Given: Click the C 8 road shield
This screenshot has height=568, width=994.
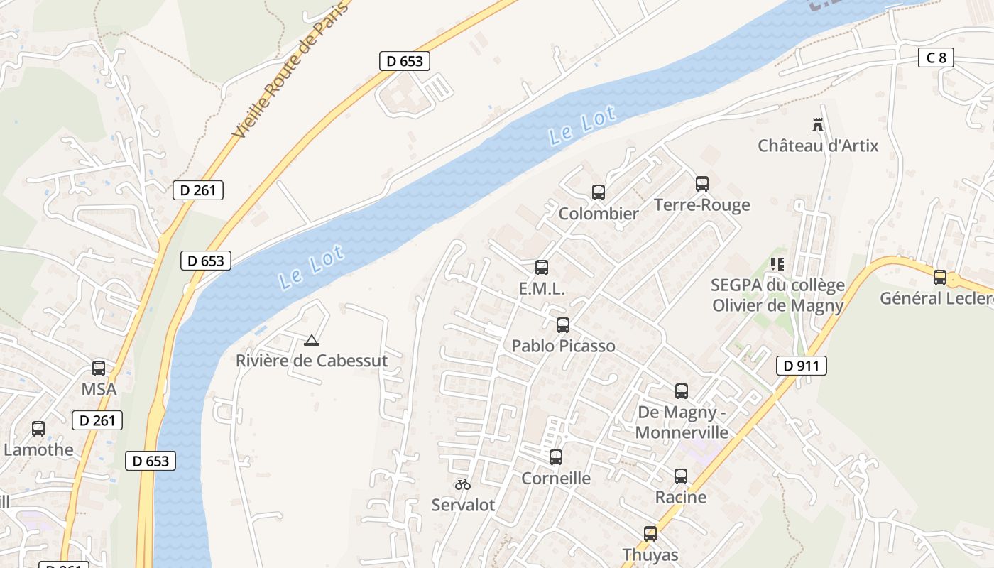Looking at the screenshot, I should point(936,58).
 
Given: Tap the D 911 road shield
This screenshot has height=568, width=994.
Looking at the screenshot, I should point(802,366).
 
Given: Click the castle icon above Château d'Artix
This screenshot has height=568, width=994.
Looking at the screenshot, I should point(818,125).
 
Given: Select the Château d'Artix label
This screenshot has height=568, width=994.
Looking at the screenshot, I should point(818,146).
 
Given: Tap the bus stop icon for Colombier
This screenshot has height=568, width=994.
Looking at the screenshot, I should point(598,192).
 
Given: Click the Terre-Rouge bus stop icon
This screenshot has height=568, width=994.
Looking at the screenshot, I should point(702,183).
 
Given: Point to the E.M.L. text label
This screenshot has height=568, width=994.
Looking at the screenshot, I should point(542,289).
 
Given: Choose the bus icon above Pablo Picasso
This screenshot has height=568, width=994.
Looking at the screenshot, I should point(563,325).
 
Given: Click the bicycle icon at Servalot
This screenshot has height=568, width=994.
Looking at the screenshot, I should point(463,484).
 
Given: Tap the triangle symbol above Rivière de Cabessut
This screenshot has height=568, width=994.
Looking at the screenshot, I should point(311,340).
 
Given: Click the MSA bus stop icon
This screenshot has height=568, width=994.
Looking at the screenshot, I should point(99,368).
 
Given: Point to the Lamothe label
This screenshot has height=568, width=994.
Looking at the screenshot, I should point(38,449).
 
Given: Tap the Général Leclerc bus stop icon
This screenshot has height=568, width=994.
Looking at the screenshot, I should point(940,278).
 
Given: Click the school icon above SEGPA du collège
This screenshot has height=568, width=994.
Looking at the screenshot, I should point(777,264).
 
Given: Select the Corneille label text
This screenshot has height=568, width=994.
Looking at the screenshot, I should point(556,478).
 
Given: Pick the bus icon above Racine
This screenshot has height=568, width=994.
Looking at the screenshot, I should point(681,476).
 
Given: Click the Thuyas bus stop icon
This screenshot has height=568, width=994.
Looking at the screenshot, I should point(650,534).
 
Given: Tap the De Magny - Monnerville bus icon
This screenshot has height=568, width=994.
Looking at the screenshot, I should point(682,390).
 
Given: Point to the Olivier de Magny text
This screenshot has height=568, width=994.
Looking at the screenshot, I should point(778,305).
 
